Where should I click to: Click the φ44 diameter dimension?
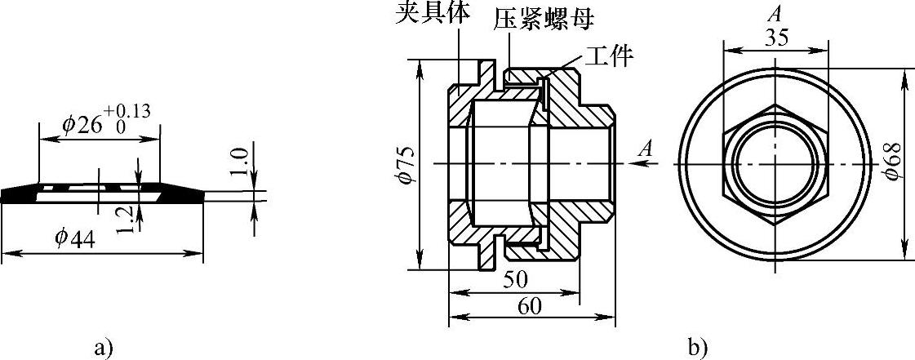click(75, 239)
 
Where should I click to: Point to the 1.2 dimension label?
click(123, 219)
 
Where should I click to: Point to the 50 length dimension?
click(514, 280)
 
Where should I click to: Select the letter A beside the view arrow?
click(647, 149)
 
